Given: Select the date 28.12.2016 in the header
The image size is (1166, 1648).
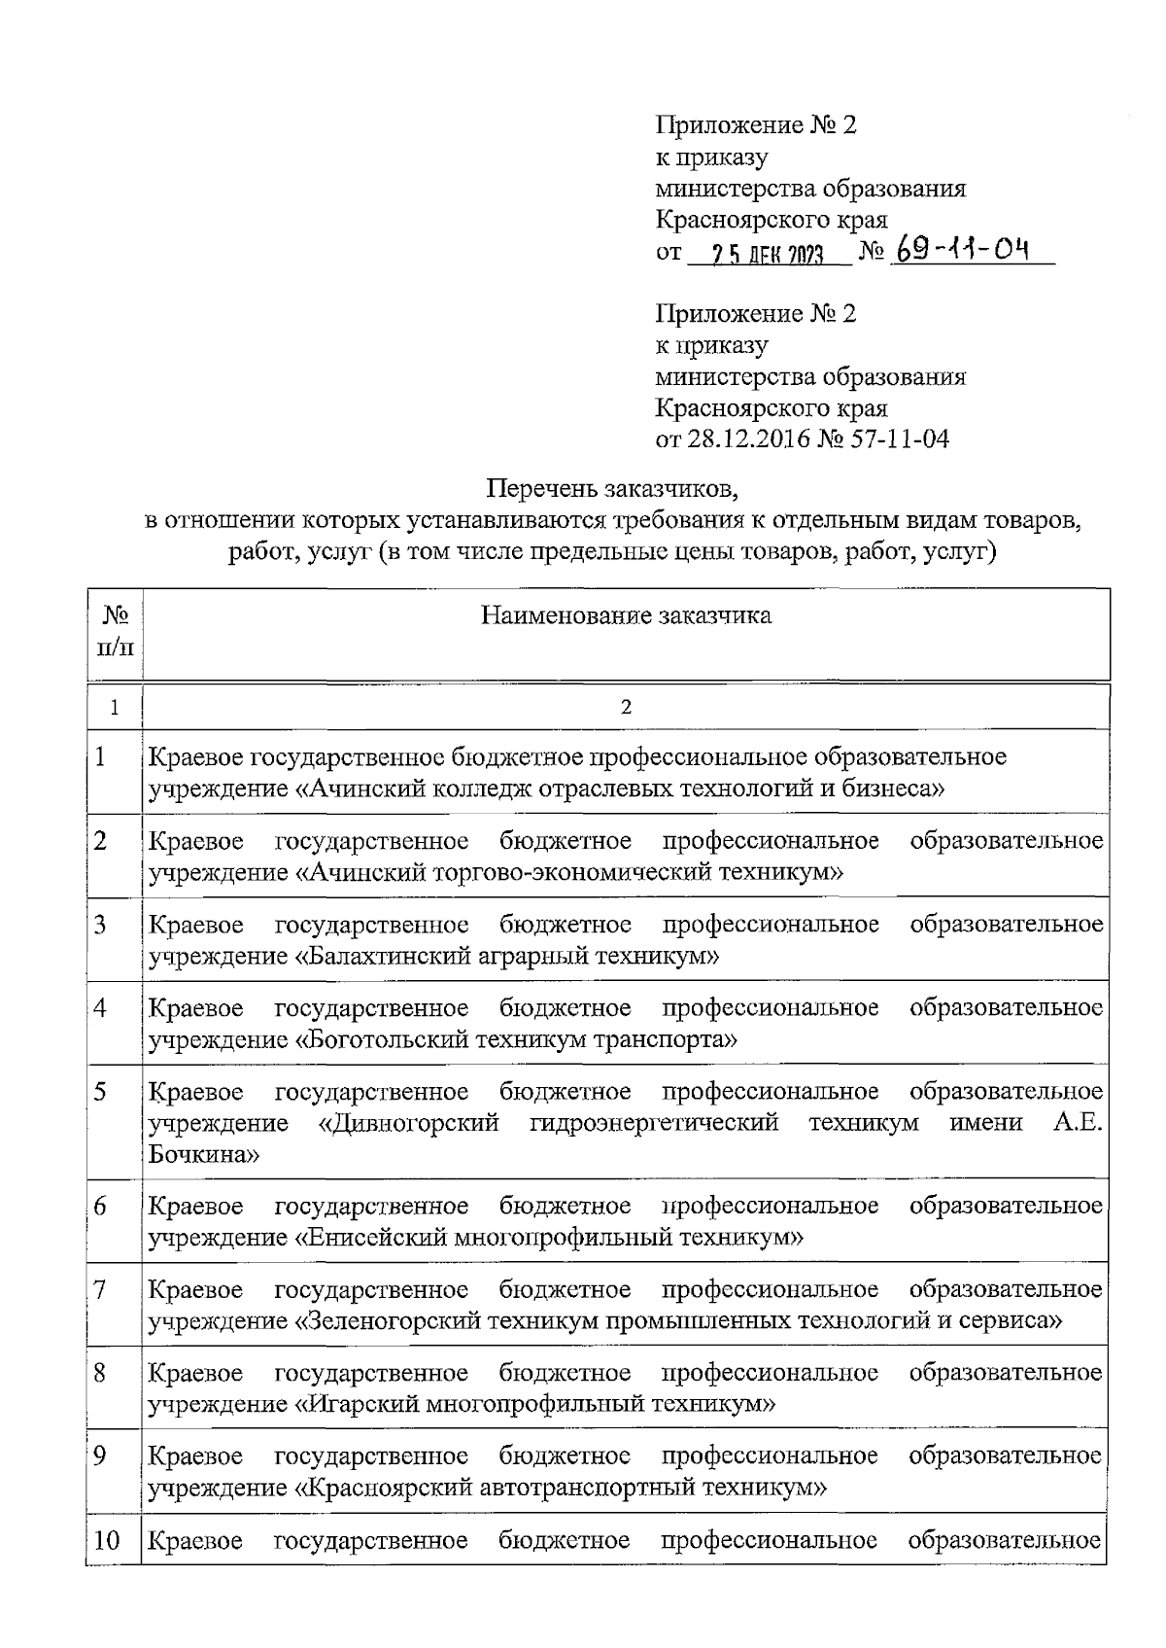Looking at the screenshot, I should [x=748, y=439].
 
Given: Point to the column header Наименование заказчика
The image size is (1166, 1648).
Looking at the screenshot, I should [x=627, y=615].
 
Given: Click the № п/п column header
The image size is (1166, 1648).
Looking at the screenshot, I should [x=115, y=631].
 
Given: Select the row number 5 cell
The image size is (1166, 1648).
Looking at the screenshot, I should [x=101, y=1092].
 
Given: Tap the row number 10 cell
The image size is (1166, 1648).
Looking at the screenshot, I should [x=109, y=1541].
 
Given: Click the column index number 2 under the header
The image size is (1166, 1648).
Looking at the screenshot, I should [x=626, y=707].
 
